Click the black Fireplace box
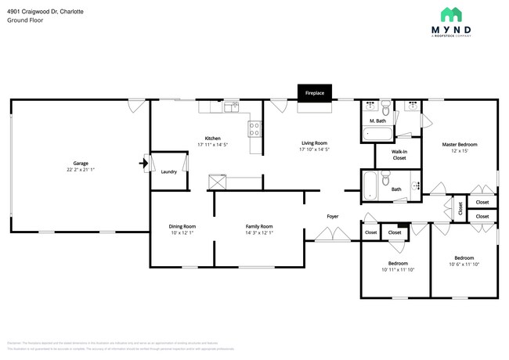[x=315, y=92]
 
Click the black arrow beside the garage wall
[x=143, y=164]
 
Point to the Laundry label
[x=168, y=171]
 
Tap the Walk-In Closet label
[x=399, y=154]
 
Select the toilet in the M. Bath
[x=385, y=109]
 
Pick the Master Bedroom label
[x=459, y=145]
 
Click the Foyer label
[x=332, y=216]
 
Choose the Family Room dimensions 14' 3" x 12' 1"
[x=258, y=233]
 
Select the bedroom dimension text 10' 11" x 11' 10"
[x=397, y=270]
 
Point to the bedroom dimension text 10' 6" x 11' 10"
[x=464, y=264]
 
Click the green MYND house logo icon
[x=450, y=16]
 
